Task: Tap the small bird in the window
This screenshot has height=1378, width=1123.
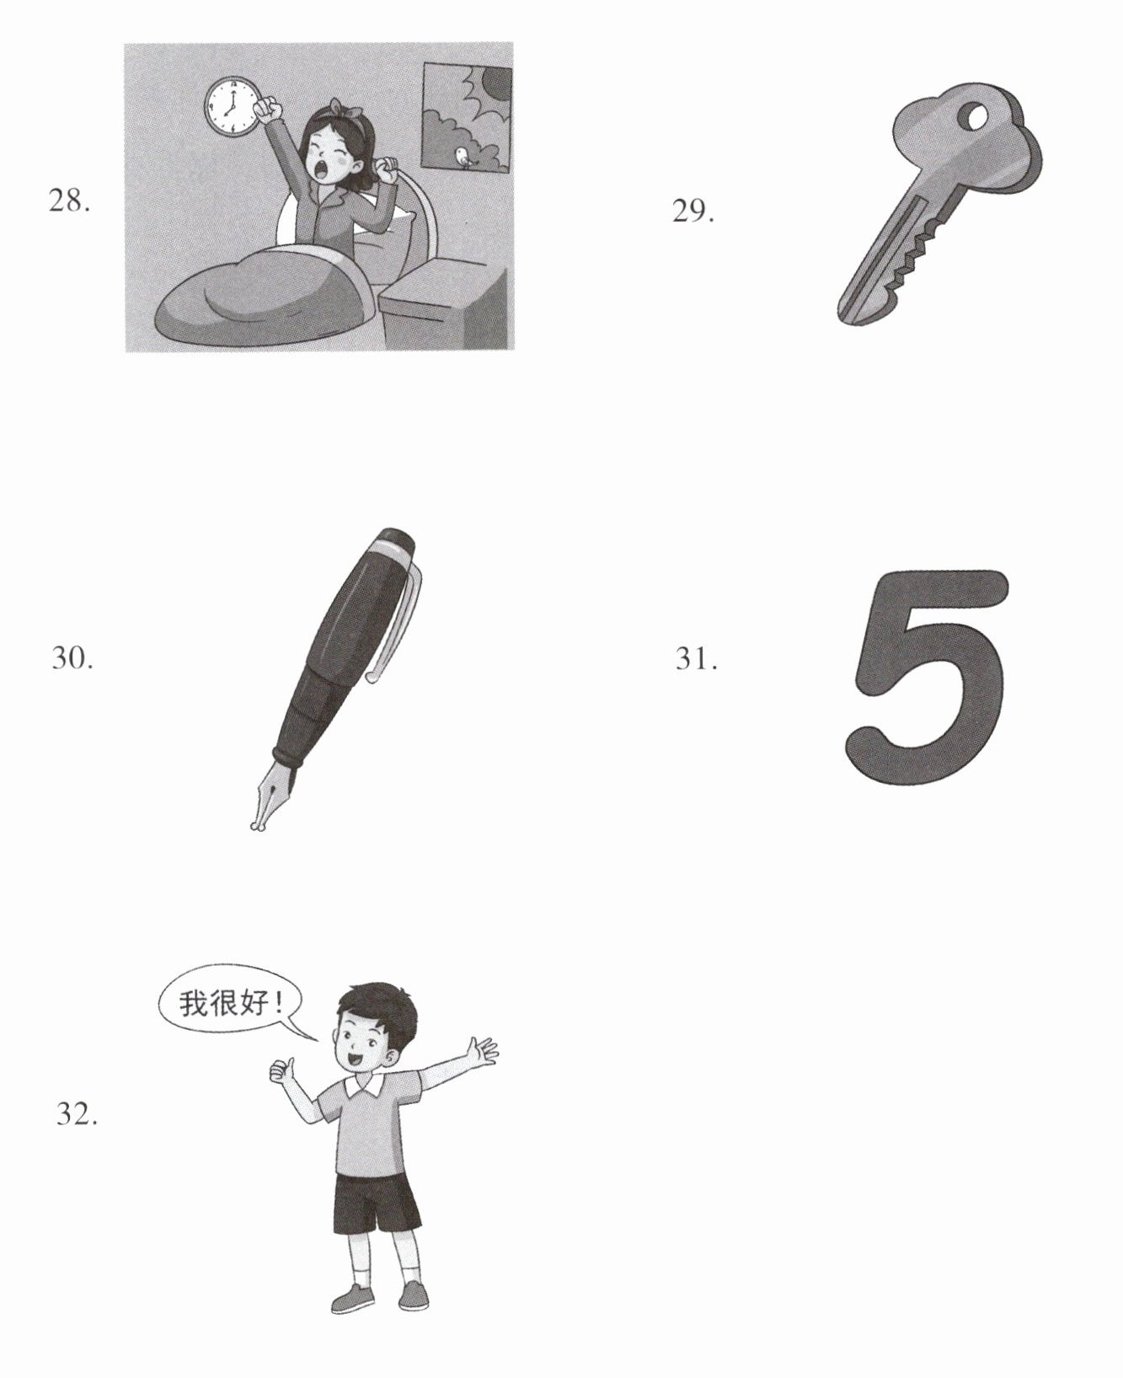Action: pos(463,155)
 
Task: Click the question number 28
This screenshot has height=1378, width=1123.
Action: pos(69,201)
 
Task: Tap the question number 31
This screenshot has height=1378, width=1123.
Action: pos(697,658)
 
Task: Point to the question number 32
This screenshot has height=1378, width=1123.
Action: pos(78,1114)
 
